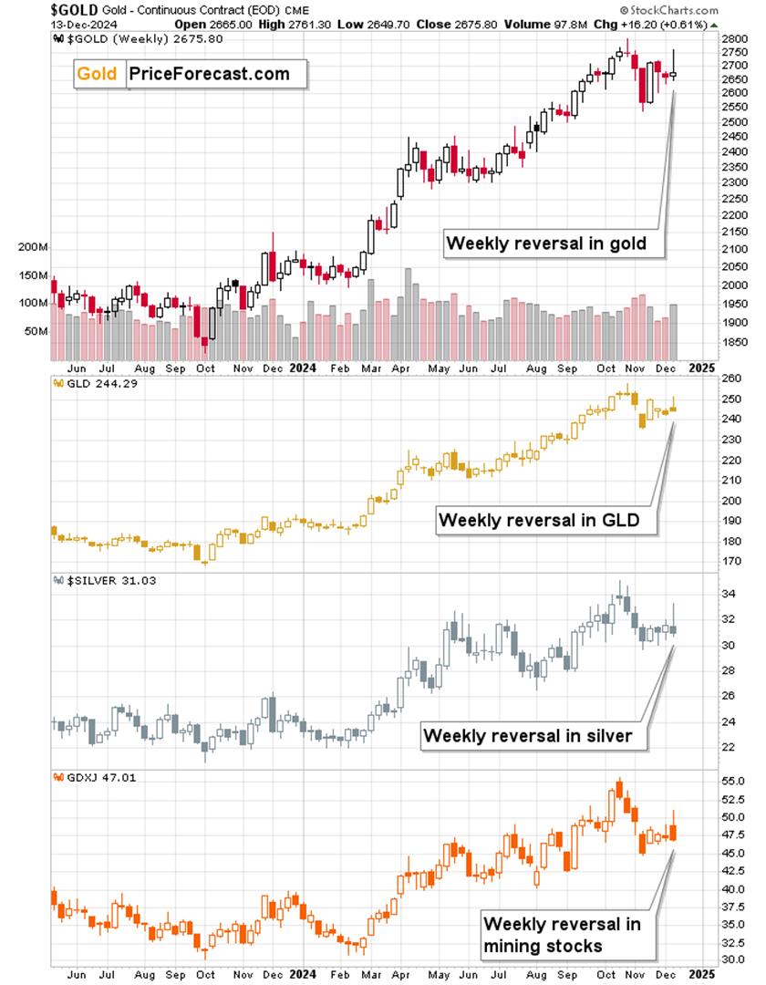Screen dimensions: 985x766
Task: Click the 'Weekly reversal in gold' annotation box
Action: coord(546,244)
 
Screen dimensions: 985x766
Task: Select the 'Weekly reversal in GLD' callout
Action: coord(538,520)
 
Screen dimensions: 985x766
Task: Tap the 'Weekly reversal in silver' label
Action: coord(528,735)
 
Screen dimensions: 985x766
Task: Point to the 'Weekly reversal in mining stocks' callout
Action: coord(562,935)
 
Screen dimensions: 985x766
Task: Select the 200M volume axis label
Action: coord(31,248)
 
